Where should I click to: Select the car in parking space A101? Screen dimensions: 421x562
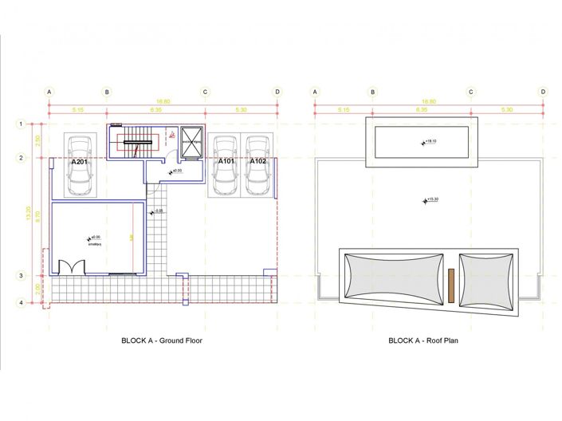225,165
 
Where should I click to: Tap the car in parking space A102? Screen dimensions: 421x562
257,165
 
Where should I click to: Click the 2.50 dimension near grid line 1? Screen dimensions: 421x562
37,140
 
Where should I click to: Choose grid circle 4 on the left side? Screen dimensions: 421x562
22,303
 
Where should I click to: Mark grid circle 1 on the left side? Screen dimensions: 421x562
22,124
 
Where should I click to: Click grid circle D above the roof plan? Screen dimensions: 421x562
543,92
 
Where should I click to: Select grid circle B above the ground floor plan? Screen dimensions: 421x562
107,92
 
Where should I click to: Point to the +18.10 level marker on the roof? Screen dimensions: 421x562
427,141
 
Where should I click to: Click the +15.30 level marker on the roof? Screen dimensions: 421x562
429,199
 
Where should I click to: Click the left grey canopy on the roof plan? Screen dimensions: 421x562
393,276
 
